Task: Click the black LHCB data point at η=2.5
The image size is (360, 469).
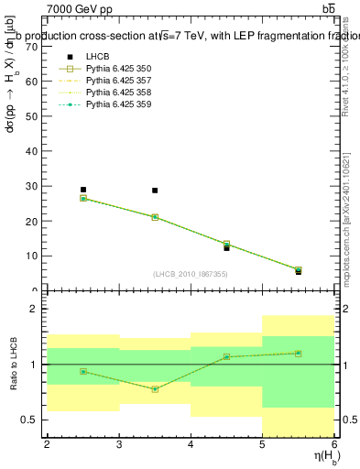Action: (x=82, y=190)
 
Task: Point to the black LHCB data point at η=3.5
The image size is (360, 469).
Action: (x=155, y=191)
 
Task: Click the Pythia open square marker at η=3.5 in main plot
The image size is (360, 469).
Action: (x=155, y=217)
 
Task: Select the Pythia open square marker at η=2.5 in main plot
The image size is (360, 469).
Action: (x=82, y=198)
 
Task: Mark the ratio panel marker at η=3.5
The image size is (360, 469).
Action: (x=155, y=389)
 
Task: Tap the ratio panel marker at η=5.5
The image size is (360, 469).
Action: (x=299, y=353)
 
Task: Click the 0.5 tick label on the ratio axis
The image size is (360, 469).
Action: (x=30, y=420)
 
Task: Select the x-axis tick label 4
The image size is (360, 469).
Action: (x=191, y=444)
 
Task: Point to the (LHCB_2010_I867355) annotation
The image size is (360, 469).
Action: (x=190, y=274)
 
